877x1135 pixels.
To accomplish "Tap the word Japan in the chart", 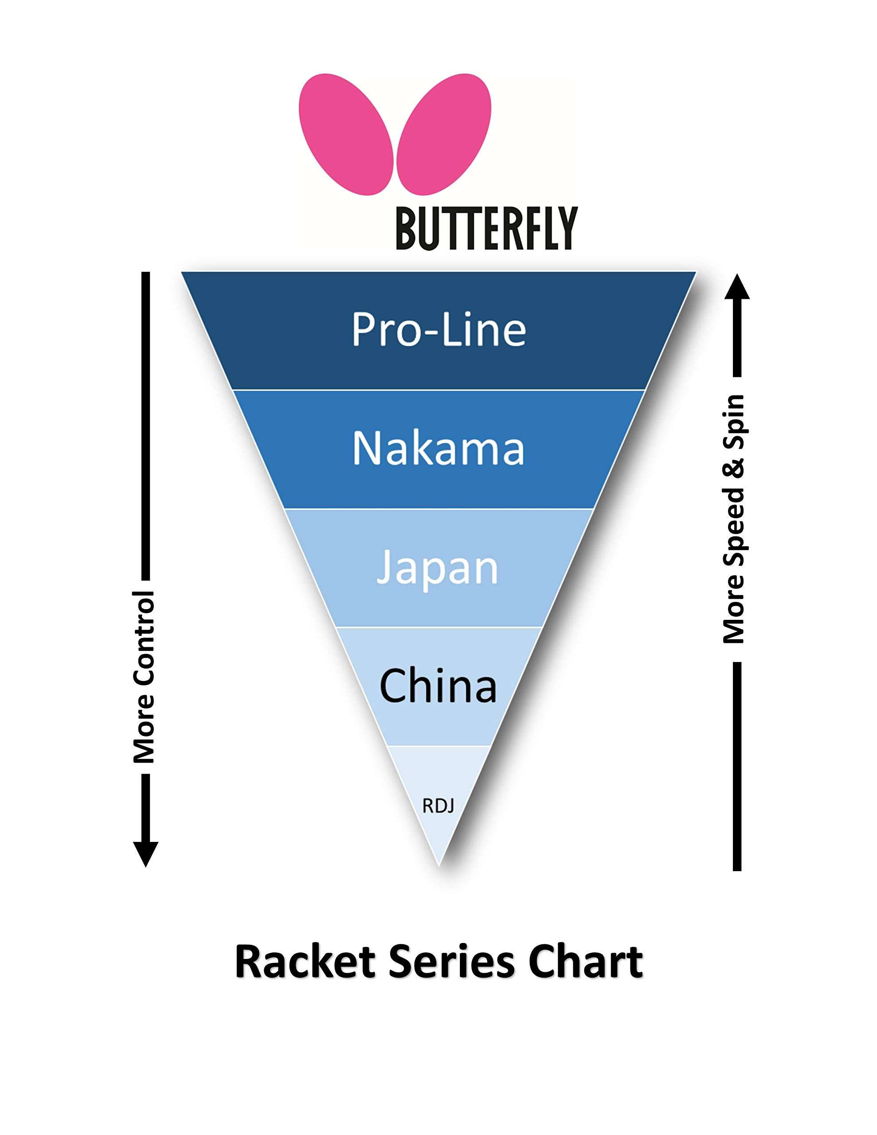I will pyautogui.click(x=437, y=568).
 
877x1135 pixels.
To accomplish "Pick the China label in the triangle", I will pyautogui.click(x=438, y=685).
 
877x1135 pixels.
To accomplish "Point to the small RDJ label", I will pyautogui.click(x=438, y=806).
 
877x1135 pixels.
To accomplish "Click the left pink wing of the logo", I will pyautogui.click(x=345, y=134).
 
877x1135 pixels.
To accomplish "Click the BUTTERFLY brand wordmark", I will pyautogui.click(x=486, y=229).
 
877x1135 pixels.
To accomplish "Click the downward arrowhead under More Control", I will pyautogui.click(x=145, y=852).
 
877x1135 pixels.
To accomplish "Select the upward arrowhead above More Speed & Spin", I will pyautogui.click(x=736, y=287).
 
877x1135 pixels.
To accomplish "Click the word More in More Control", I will pyautogui.click(x=145, y=728).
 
